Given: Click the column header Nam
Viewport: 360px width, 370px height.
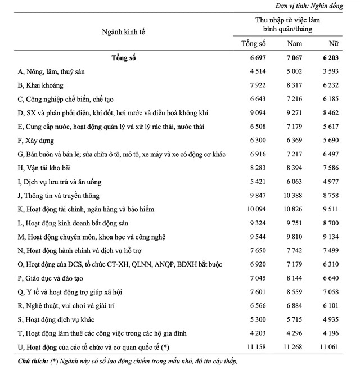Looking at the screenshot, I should [x=295, y=43].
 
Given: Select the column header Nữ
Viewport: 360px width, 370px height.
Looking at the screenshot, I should [x=334, y=43].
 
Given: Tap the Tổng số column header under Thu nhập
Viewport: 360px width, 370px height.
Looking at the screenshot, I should [x=253, y=43].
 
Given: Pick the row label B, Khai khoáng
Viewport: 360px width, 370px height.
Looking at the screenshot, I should [x=40, y=85].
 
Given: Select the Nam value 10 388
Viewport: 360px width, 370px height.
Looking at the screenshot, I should [x=295, y=195].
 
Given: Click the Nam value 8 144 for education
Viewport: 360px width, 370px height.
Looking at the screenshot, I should [x=296, y=278].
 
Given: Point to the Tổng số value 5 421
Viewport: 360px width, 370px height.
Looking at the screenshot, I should [x=255, y=182].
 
